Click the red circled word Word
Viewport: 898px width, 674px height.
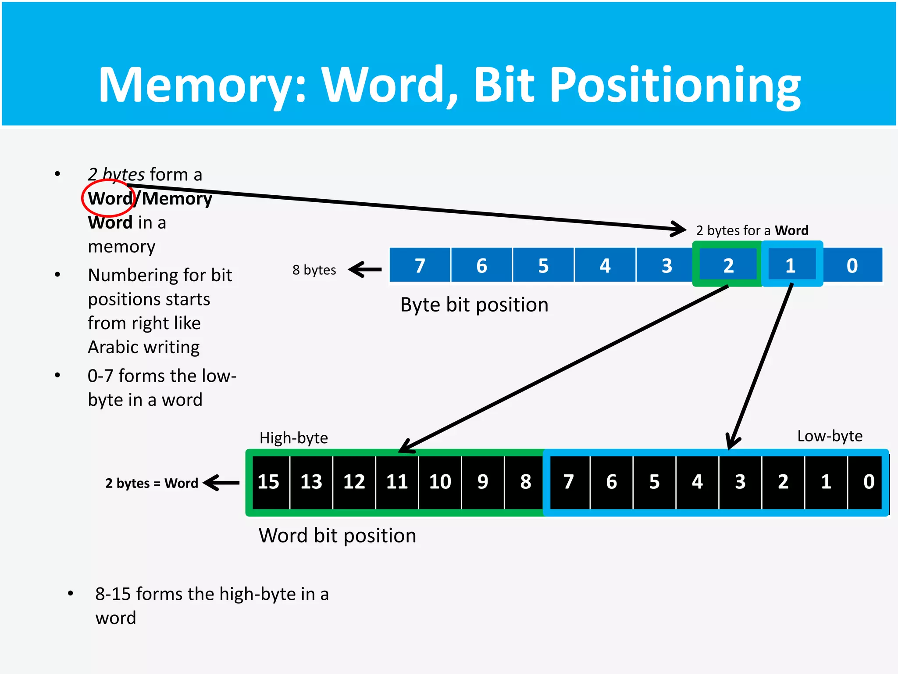[x=110, y=198]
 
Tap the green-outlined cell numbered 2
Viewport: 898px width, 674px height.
[x=728, y=265]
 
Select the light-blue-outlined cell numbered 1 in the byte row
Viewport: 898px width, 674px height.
[x=791, y=265]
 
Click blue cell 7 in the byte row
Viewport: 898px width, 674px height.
[x=420, y=265]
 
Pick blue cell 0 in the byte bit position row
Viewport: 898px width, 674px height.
[x=852, y=265]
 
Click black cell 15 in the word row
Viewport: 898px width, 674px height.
[x=268, y=482]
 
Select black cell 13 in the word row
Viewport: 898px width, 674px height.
[x=311, y=482]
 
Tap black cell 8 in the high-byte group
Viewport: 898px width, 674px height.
[x=525, y=482]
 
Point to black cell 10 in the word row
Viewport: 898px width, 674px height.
[x=440, y=482]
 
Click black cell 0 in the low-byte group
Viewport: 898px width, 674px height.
[x=869, y=482]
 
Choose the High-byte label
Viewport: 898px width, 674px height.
[x=293, y=438]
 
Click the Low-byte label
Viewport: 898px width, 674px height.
[x=830, y=436]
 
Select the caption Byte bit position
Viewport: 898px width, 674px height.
[x=474, y=305]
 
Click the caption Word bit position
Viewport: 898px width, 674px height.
[x=337, y=535]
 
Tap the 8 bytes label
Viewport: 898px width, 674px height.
[x=314, y=269]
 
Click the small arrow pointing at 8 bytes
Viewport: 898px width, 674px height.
[x=365, y=269]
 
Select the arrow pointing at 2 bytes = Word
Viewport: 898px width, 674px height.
[x=221, y=483]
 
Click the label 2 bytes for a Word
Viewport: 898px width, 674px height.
[x=752, y=230]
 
